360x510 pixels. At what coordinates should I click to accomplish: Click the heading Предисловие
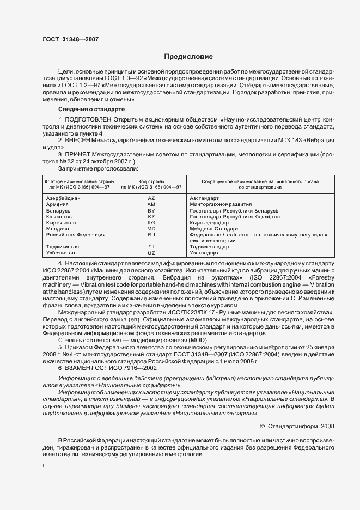click(x=188, y=57)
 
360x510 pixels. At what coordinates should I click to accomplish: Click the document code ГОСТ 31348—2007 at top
click(x=70, y=39)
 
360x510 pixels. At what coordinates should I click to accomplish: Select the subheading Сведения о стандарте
click(x=89, y=110)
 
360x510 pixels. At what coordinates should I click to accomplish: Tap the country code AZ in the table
click(x=151, y=198)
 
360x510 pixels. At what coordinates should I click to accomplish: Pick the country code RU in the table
click(x=151, y=235)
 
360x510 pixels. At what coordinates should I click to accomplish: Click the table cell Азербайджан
click(x=63, y=198)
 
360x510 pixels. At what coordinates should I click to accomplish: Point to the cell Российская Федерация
click(x=71, y=235)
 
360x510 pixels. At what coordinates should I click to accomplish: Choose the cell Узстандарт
click(x=204, y=253)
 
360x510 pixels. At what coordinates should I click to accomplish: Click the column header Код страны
click(x=151, y=180)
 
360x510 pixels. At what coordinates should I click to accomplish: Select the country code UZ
click(x=151, y=253)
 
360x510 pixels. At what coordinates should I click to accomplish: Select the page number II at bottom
click(x=44, y=466)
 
